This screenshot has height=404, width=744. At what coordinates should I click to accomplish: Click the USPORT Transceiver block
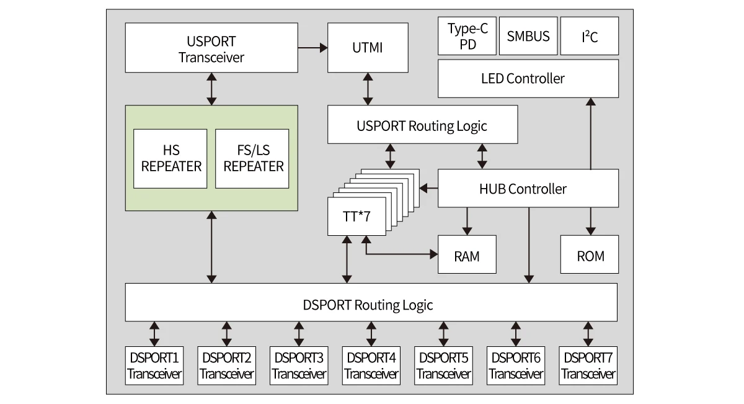point(211,48)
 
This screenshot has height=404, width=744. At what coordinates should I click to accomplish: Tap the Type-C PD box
point(467,37)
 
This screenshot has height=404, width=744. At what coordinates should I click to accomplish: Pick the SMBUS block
point(528,37)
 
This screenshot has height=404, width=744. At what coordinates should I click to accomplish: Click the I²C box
point(590,37)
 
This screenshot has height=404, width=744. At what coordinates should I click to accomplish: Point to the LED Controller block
point(528,79)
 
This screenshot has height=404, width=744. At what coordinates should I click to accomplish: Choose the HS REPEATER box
point(170,159)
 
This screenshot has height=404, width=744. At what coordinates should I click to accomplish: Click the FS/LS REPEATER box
point(252,159)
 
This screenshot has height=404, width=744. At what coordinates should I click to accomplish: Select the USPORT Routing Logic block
point(422,125)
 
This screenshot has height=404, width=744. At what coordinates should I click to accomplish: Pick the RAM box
point(467,255)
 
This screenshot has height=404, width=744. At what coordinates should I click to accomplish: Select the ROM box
point(590,255)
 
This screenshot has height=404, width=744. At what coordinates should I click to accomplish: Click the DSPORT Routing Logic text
point(368,305)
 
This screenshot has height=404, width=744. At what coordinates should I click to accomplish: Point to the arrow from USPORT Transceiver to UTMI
point(312,47)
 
